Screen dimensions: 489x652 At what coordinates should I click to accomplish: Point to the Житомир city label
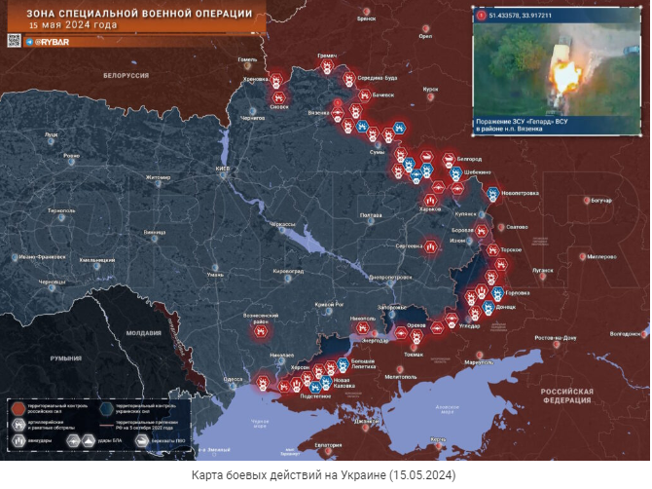[158, 177]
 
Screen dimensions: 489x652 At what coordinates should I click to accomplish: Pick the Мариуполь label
[479, 362]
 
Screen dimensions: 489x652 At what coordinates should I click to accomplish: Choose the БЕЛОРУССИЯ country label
[127, 75]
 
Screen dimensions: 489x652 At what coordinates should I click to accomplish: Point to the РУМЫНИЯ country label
[66, 358]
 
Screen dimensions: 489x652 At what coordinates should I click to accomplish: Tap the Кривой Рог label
[331, 305]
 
